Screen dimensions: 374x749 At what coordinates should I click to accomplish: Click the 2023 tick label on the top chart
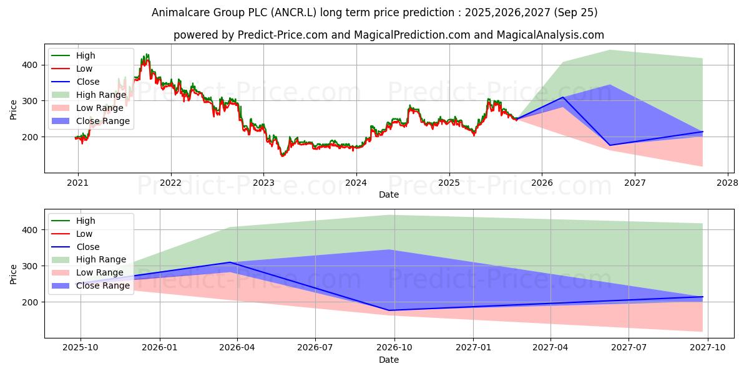coord(263,183)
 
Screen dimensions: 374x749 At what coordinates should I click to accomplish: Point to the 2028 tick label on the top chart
coord(727,183)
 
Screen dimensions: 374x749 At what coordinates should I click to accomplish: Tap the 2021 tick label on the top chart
coord(77,183)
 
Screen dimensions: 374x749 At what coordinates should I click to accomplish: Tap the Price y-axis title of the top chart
coord(14,108)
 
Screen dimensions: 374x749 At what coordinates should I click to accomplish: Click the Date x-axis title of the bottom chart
coord(389,360)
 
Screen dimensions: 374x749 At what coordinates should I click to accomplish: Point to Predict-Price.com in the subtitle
coord(283,35)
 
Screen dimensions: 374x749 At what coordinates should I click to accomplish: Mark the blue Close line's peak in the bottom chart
coord(230,262)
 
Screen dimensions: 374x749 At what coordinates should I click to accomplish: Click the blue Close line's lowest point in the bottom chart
coord(390,310)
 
